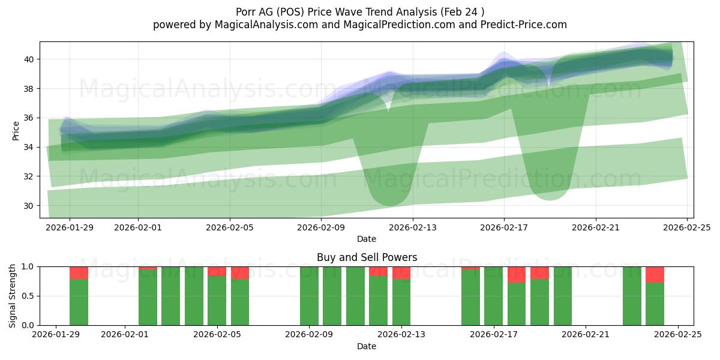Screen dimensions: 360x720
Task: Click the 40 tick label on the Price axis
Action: click(x=29, y=59)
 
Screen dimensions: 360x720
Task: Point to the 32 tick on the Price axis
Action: click(x=29, y=176)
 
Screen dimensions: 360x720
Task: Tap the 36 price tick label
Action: click(x=29, y=118)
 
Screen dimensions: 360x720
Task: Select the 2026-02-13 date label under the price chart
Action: click(x=412, y=227)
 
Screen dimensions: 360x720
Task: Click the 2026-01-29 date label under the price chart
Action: click(x=70, y=227)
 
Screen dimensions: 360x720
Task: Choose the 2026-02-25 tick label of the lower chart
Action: click(x=678, y=335)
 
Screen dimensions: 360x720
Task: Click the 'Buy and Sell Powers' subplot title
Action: click(x=367, y=257)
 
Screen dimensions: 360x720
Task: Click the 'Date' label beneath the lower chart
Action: click(x=367, y=346)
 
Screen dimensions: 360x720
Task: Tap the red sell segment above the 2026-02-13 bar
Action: click(x=401, y=272)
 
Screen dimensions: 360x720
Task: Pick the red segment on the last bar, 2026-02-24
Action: click(x=655, y=274)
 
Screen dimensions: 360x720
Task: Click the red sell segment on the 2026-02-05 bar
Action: click(x=217, y=271)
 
